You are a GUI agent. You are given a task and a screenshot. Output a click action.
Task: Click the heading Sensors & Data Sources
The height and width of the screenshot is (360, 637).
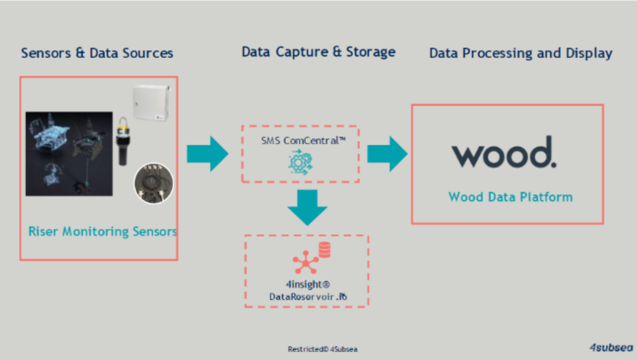pyautogui.click(x=97, y=54)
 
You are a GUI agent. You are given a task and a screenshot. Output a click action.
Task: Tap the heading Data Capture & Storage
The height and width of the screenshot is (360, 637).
pyautogui.click(x=318, y=52)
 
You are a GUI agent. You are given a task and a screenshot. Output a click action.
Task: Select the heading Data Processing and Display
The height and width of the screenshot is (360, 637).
pyautogui.click(x=520, y=54)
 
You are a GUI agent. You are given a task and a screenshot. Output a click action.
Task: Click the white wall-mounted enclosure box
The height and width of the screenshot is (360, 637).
pyautogui.click(x=151, y=103)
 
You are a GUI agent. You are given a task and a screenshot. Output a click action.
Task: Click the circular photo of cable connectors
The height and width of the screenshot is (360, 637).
pyautogui.click(x=154, y=182)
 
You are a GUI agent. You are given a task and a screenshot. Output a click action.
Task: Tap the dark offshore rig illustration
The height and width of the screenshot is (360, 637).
pyautogui.click(x=69, y=153)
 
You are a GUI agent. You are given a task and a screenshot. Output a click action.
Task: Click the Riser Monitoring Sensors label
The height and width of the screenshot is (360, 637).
pyautogui.click(x=103, y=232)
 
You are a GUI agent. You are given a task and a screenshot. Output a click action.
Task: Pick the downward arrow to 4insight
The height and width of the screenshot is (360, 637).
pyautogui.click(x=307, y=206)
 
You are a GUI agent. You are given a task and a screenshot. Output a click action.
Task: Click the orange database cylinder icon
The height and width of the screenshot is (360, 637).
pyautogui.click(x=324, y=249)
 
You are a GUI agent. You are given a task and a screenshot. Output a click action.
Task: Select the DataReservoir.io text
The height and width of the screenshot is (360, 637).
pyautogui.click(x=308, y=297)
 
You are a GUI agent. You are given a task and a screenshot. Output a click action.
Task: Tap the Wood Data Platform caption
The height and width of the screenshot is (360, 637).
pyautogui.click(x=510, y=197)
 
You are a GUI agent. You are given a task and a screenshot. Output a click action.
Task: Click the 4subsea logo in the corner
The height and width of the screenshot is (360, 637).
pyautogui.click(x=611, y=347)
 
